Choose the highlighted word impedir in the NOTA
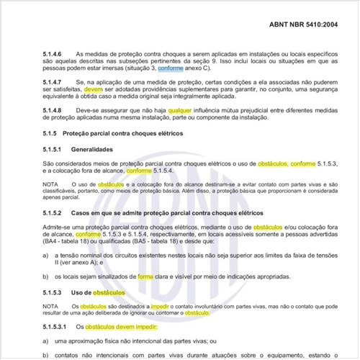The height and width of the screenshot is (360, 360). pos(150,307)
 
